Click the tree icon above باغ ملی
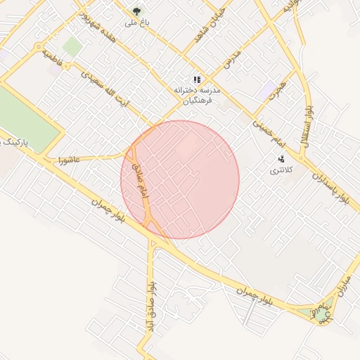pos(136,11)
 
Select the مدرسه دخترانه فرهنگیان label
pos(198,96)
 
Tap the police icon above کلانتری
pos(281,159)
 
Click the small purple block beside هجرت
pos(269,90)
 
